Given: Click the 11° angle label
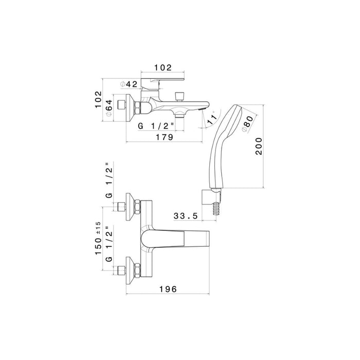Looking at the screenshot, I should point(211,120).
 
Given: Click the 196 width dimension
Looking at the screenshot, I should point(167,290).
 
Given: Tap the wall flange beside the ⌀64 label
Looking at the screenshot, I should point(129,106).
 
